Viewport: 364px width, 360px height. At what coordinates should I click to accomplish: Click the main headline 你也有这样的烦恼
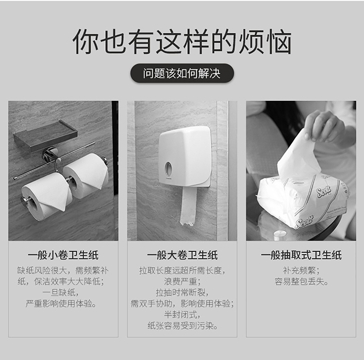(x=182, y=42)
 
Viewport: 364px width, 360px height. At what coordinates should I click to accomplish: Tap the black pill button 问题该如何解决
(x=182, y=73)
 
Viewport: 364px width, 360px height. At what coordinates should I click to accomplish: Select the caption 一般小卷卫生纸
(x=63, y=255)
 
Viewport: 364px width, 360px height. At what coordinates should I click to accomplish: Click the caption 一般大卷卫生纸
(x=182, y=255)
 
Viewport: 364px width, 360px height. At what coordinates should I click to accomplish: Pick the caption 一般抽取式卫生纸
(x=301, y=255)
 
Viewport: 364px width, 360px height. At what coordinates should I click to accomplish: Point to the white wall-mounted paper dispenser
(x=185, y=156)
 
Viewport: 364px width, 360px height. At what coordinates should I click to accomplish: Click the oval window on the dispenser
(x=168, y=168)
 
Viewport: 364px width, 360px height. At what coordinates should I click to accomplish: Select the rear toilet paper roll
(x=85, y=176)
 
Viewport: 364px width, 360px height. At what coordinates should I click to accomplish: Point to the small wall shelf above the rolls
(x=45, y=136)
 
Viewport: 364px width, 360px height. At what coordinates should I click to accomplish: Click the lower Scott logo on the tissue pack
(x=304, y=221)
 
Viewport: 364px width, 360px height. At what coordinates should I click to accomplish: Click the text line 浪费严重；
(x=182, y=281)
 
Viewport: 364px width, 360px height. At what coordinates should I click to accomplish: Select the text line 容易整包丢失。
(x=301, y=281)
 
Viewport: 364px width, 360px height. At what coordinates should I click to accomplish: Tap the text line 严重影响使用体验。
(x=61, y=303)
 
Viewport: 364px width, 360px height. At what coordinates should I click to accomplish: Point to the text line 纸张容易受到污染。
(x=182, y=326)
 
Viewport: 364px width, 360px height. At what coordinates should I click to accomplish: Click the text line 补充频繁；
(x=301, y=270)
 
